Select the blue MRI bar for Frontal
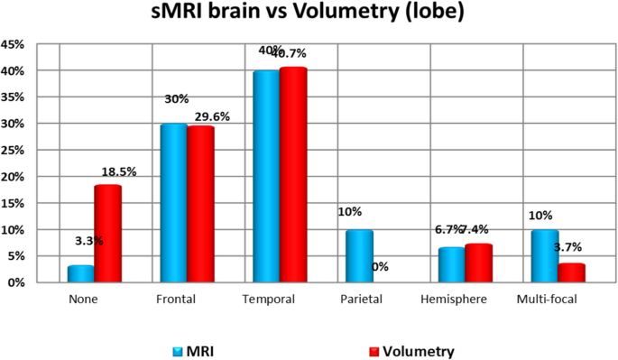(173, 203)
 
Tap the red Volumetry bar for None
(107, 234)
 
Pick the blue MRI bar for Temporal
(266, 176)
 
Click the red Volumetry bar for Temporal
(293, 175)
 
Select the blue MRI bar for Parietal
(360, 256)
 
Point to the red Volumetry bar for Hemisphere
(478, 263)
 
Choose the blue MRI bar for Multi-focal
(544, 256)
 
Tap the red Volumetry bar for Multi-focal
(571, 273)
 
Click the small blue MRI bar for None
(80, 274)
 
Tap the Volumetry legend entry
(414, 350)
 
